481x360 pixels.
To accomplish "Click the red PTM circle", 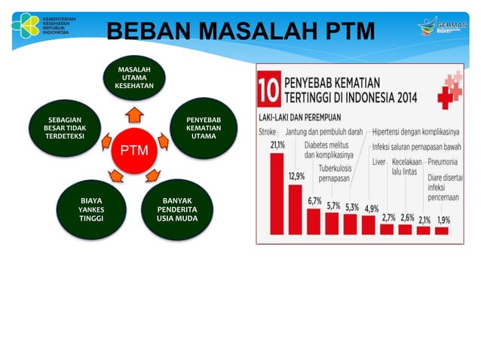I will point(133,151).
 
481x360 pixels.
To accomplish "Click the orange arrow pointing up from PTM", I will point(133,115).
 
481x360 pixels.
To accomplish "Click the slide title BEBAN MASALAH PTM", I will point(241,32).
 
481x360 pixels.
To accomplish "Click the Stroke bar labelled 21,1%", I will point(277,193).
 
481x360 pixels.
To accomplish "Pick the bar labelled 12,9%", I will point(296,209).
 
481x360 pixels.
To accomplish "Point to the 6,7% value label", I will point(314,202).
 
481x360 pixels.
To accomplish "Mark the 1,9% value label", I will point(443,220).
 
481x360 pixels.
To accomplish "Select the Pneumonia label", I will point(445,162).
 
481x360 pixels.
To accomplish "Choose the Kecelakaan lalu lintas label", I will point(407,166).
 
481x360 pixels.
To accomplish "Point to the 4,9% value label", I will point(371,208).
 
